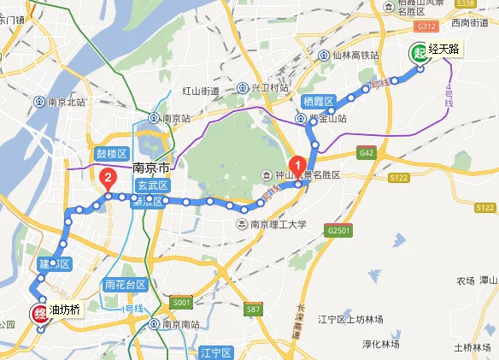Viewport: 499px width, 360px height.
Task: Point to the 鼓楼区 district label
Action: click(x=111, y=154)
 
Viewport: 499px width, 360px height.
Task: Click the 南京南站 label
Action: click(x=179, y=325)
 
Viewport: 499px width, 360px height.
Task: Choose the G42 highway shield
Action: click(x=367, y=153)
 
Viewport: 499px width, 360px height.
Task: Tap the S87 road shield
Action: click(x=252, y=308)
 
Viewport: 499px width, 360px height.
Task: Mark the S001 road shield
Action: click(x=180, y=302)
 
